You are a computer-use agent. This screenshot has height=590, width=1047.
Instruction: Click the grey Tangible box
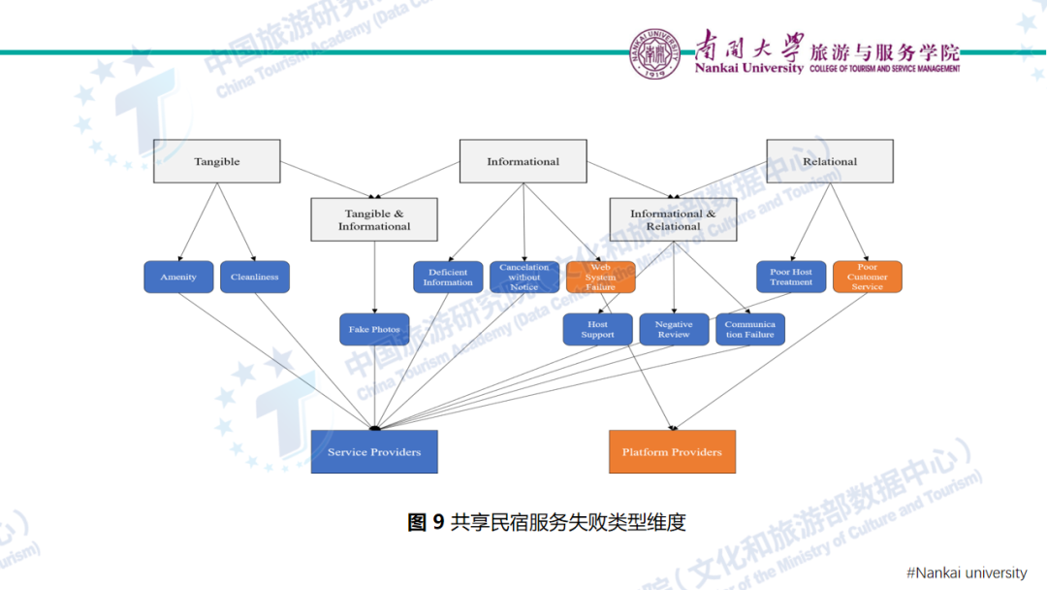tap(216, 161)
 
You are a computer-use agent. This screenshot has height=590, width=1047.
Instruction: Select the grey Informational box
tap(523, 161)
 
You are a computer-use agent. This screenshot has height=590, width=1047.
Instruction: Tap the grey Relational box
tap(830, 161)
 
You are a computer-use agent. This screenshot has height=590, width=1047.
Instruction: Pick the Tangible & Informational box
tap(374, 219)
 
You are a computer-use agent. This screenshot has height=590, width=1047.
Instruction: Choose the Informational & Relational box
tap(673, 219)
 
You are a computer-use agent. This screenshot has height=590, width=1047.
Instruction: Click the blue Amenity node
tap(178, 277)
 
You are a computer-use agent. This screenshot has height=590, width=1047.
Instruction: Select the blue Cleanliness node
tap(255, 277)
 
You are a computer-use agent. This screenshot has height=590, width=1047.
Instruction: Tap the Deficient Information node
tap(448, 277)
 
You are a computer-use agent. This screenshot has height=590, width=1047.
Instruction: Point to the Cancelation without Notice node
tap(523, 277)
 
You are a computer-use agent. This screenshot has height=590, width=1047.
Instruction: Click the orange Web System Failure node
tap(600, 277)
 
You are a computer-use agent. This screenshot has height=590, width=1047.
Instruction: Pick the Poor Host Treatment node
tap(791, 277)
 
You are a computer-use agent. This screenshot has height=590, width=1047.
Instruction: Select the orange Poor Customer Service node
tap(867, 277)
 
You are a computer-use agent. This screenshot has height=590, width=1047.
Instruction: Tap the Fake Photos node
tap(374, 329)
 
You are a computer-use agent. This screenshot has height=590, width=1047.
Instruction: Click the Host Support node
tap(598, 330)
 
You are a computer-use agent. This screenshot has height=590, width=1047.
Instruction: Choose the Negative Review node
tap(674, 330)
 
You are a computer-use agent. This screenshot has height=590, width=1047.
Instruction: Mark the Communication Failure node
tap(749, 330)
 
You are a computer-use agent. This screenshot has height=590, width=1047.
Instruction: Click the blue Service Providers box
tap(374, 451)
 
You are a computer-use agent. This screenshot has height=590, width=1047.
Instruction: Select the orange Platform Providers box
tap(672, 451)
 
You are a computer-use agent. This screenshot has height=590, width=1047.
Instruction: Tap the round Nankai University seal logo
tap(656, 53)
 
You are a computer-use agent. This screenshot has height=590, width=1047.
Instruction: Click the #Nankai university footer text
tap(966, 573)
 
